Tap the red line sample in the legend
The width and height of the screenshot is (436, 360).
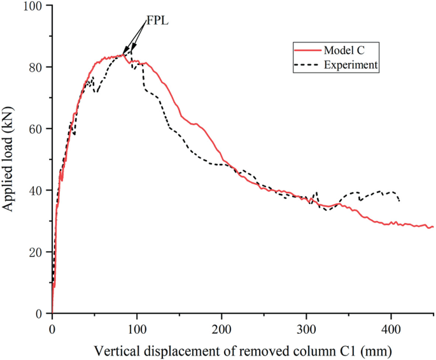click(306, 50)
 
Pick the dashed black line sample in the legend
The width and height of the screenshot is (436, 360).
click(306, 64)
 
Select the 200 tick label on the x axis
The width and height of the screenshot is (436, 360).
click(221, 328)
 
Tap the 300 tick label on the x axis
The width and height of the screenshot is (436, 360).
click(306, 328)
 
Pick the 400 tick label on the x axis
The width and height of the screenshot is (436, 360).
click(391, 328)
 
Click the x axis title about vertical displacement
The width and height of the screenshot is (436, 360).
click(242, 350)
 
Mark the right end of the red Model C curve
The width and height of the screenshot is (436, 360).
click(433, 227)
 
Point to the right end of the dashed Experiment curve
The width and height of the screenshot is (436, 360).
click(399, 201)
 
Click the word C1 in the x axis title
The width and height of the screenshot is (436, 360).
click(352, 350)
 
